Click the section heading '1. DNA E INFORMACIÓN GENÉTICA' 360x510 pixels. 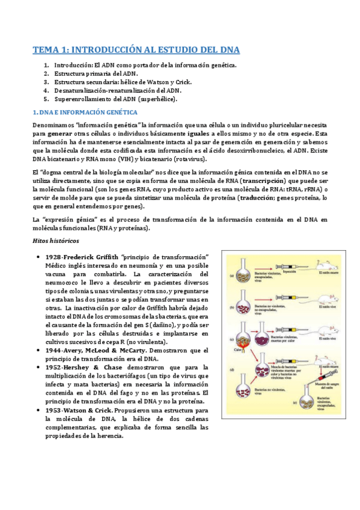coord(84,112)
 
